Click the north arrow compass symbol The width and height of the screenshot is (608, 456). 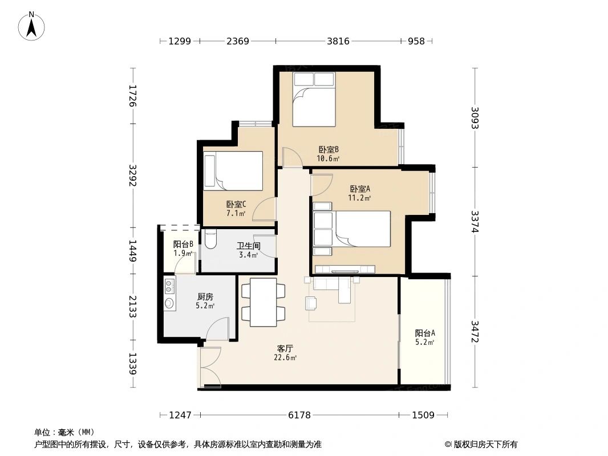(32, 26)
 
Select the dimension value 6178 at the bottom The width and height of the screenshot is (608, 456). (299, 415)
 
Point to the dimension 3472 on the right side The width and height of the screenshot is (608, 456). (475, 332)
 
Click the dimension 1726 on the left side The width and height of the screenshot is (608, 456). (132, 96)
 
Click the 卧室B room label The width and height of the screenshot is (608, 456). (329, 150)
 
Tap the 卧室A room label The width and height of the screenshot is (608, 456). (360, 189)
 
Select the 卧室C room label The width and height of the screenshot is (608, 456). (236, 204)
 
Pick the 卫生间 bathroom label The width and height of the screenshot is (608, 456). (249, 246)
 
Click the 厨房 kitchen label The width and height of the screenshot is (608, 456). (205, 296)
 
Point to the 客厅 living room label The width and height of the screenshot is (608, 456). (285, 348)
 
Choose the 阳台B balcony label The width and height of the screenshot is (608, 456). (183, 244)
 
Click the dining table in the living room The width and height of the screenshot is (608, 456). (263, 302)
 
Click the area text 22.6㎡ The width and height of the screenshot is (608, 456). (285, 358)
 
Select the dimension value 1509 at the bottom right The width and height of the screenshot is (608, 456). (423, 415)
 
